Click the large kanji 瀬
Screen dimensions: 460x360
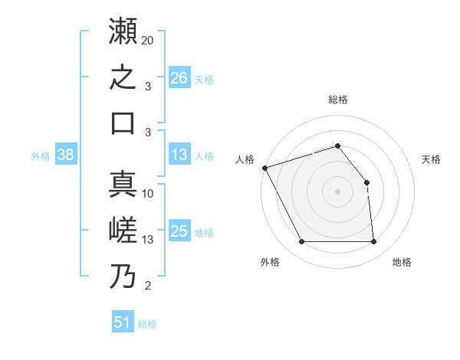[x=123, y=31]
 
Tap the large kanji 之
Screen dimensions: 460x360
[x=123, y=77]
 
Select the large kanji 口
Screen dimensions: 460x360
[x=123, y=123]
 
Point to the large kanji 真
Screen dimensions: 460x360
[x=123, y=184]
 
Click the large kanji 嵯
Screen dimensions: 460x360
[x=123, y=230]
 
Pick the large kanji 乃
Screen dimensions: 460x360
[x=123, y=276]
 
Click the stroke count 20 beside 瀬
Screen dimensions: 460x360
[x=147, y=41]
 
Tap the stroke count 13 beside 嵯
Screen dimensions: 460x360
[x=147, y=240]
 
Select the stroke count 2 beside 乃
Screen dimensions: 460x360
[x=148, y=286]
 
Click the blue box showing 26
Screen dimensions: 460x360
[x=179, y=77]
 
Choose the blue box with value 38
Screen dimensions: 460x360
[x=66, y=154]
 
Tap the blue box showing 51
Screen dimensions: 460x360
[x=123, y=321]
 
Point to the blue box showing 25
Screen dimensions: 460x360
[x=179, y=230]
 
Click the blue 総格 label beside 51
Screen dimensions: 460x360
[x=147, y=324]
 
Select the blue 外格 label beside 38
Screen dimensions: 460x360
[x=41, y=156]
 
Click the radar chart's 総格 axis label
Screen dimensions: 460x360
[x=338, y=100]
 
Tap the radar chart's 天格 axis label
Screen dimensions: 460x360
[x=431, y=159]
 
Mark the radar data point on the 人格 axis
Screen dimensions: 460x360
[x=265, y=168]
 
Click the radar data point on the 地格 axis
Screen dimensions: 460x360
[x=373, y=241]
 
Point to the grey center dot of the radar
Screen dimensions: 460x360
[x=337, y=191]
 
